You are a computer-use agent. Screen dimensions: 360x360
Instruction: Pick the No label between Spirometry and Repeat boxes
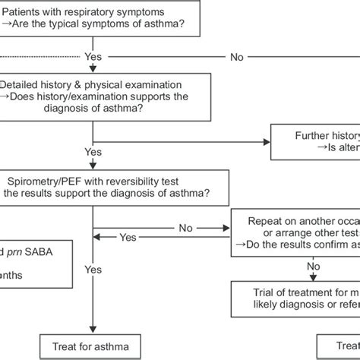coord(185,227)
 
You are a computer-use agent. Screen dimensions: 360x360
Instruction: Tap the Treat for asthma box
coord(92,347)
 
